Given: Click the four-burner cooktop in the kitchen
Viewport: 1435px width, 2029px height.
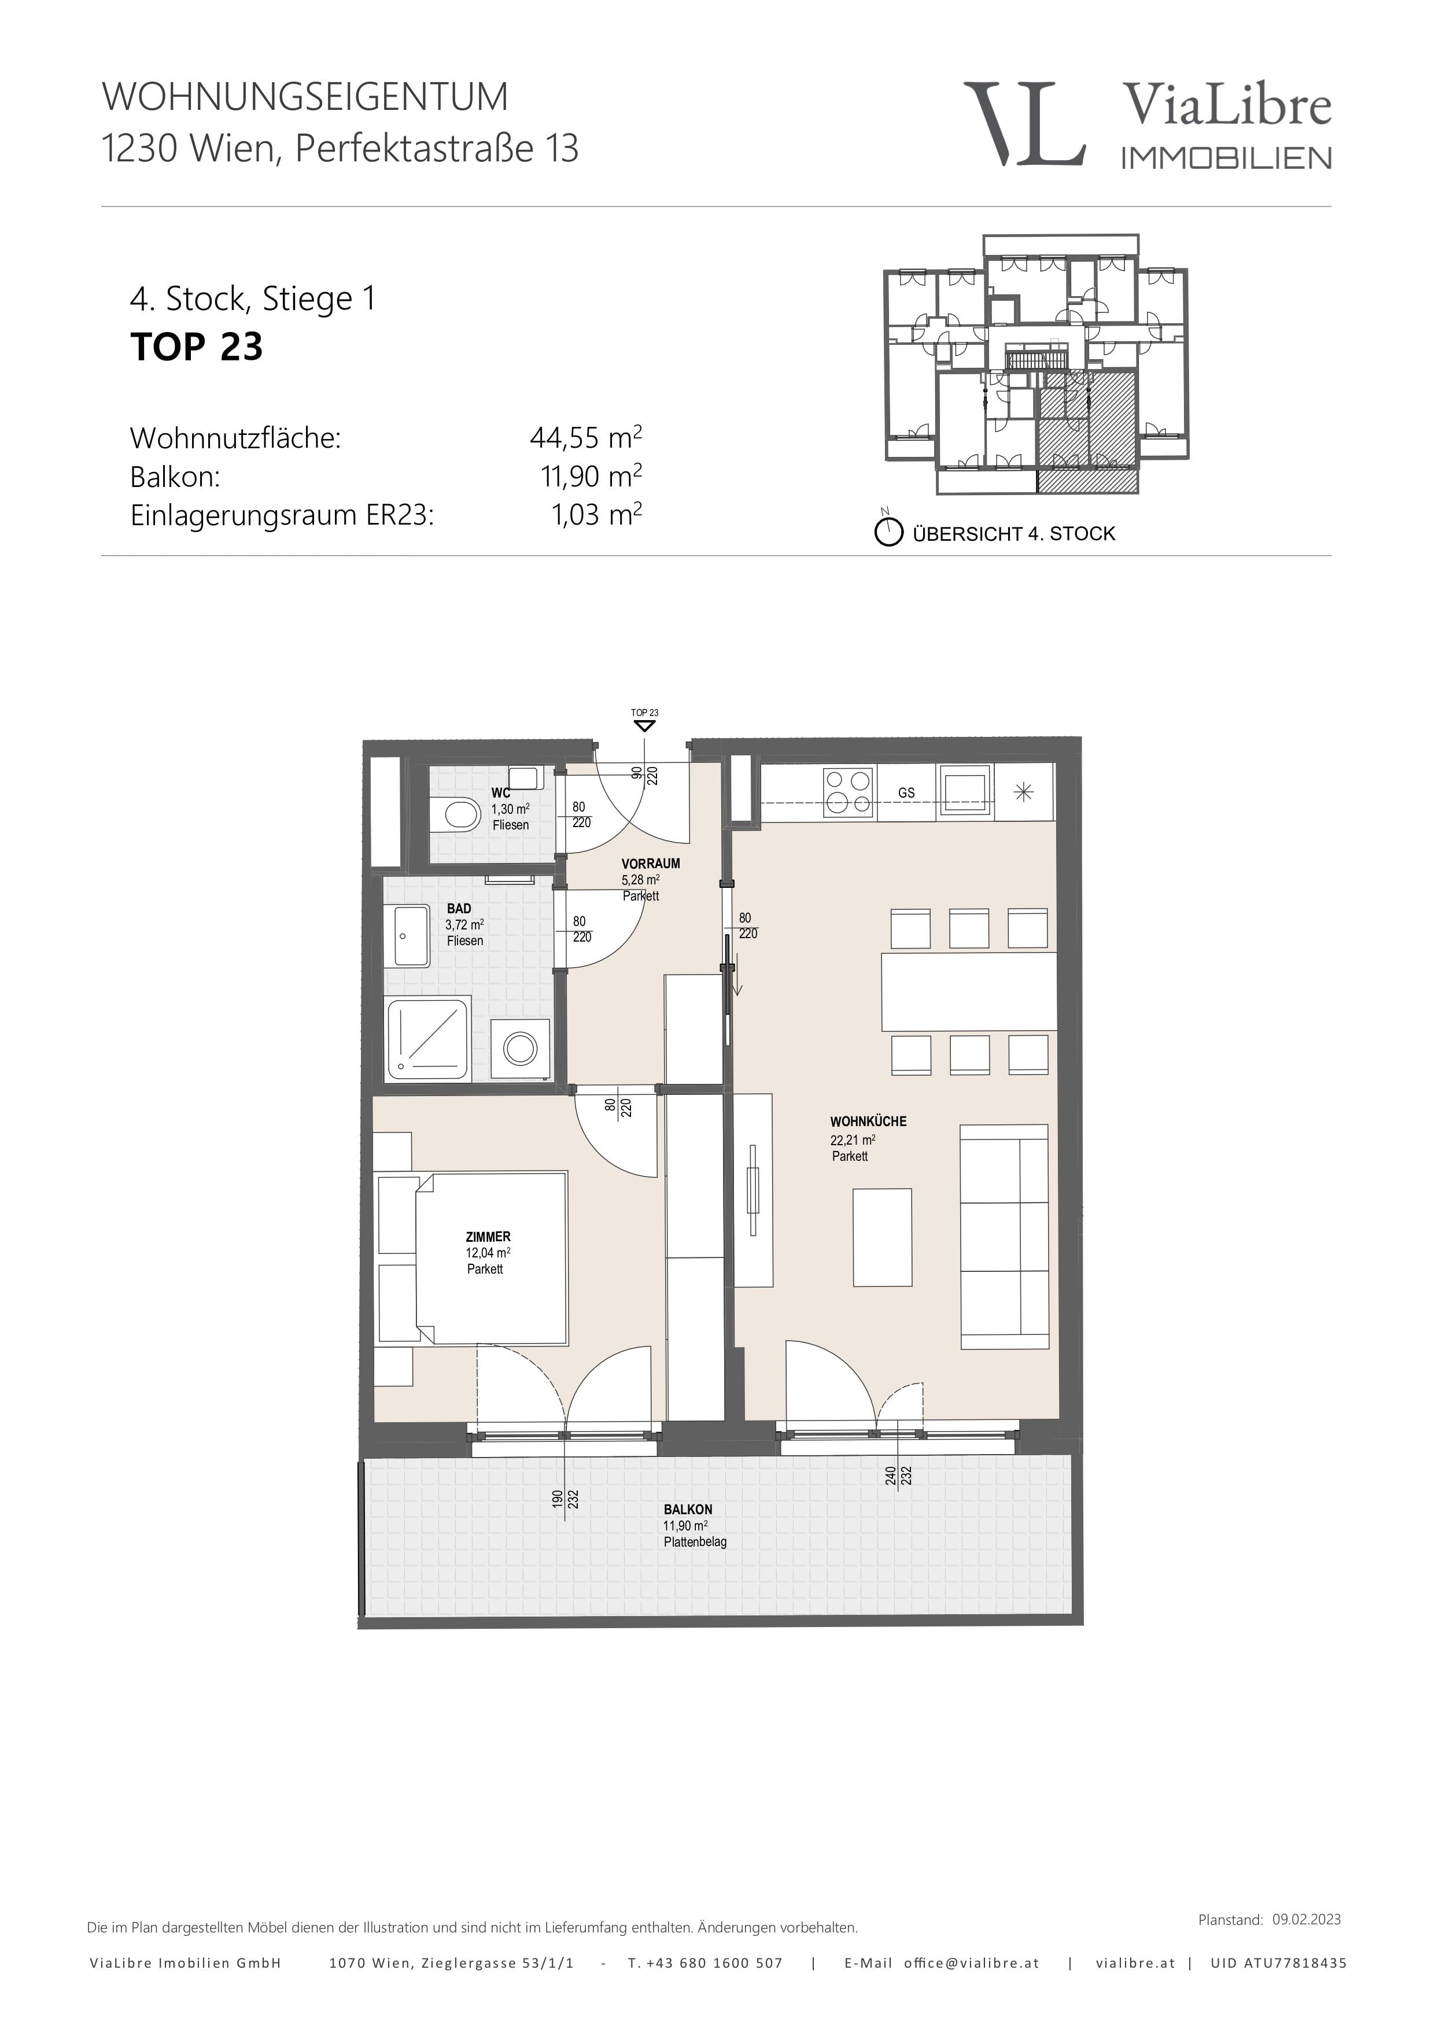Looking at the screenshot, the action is point(849,792).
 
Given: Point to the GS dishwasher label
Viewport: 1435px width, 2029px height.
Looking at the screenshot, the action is point(906,793).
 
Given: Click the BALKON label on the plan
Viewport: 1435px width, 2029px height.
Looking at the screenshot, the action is point(688,1510).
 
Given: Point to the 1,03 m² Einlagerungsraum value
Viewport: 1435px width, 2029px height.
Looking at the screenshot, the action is point(596,514).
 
